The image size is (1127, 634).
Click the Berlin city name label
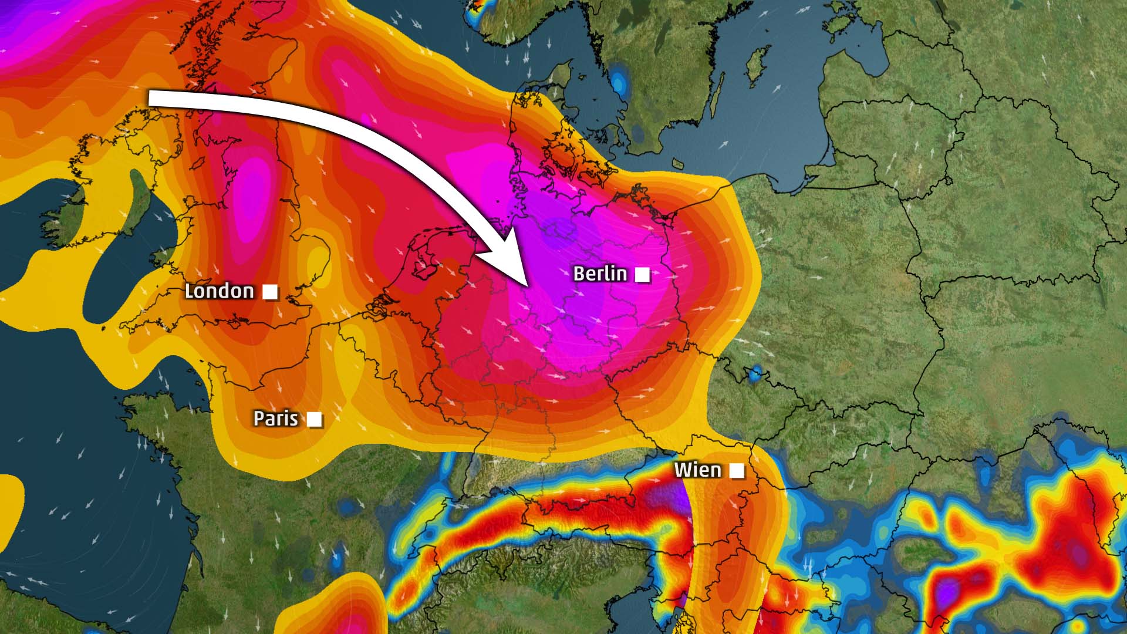point(600,274)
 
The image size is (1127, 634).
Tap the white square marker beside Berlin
point(643,274)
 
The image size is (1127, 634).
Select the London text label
point(220,291)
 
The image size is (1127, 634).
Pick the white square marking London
point(270,292)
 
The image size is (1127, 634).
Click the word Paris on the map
point(275,419)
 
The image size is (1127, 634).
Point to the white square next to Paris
point(315,419)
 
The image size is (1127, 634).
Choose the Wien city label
point(697,470)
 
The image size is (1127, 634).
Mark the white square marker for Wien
point(737,470)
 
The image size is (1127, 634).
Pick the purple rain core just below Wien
point(675,499)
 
